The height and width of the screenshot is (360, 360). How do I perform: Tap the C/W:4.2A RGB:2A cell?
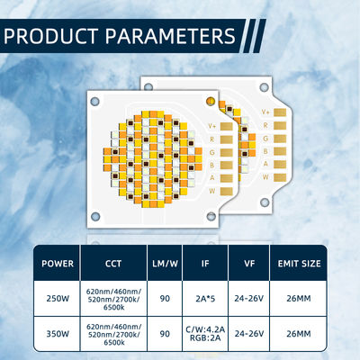204,333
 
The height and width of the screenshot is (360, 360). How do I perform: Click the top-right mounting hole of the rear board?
261,88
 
